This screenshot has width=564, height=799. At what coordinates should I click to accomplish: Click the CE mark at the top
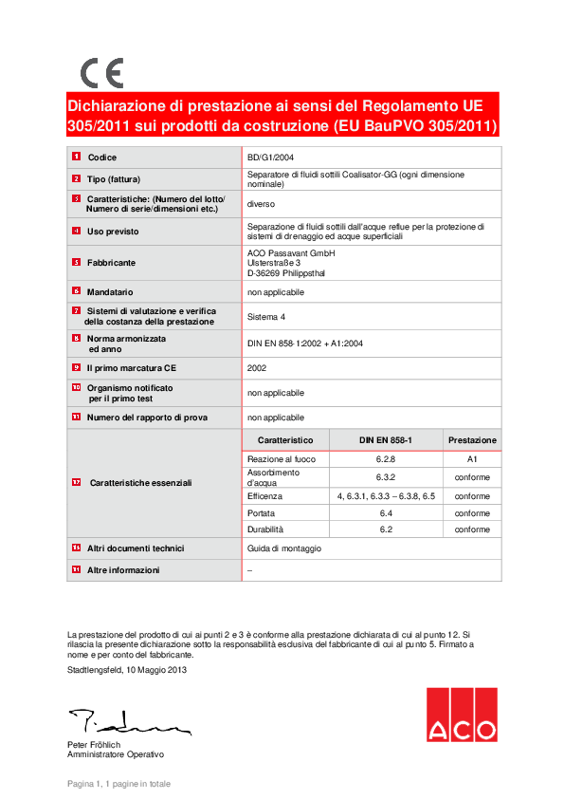[101, 73]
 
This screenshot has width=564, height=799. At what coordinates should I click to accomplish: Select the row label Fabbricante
[111, 262]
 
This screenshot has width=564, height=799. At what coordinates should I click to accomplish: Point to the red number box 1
[76, 157]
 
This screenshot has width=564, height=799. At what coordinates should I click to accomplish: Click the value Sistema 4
[266, 316]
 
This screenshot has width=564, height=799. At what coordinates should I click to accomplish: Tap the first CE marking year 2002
[257, 367]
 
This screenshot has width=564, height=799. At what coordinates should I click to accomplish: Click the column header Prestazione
[472, 440]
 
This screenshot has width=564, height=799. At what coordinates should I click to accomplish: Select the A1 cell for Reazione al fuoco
[472, 459]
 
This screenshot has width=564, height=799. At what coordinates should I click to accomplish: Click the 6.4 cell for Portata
[386, 513]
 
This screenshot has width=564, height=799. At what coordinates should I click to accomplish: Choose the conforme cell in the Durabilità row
[472, 530]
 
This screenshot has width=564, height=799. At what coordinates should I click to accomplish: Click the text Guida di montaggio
[284, 548]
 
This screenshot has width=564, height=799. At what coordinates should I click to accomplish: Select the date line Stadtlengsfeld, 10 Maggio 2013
[127, 671]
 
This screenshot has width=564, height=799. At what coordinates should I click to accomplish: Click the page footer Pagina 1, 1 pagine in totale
[118, 784]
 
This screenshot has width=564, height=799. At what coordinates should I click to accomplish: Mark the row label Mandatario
[110, 292]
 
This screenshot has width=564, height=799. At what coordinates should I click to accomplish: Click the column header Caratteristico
[285, 440]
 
